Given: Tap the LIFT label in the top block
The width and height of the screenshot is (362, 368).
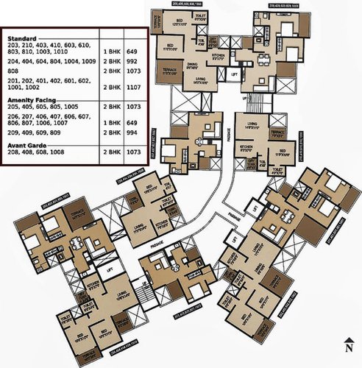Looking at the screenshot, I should tap(234, 75).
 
